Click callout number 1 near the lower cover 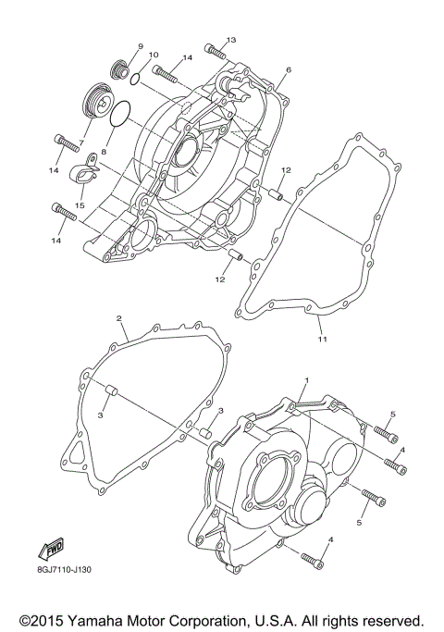(307, 380)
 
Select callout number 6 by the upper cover (289, 70)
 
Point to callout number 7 (81, 143)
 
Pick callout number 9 (141, 45)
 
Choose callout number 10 (154, 56)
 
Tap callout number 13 (231, 40)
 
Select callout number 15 (80, 204)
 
